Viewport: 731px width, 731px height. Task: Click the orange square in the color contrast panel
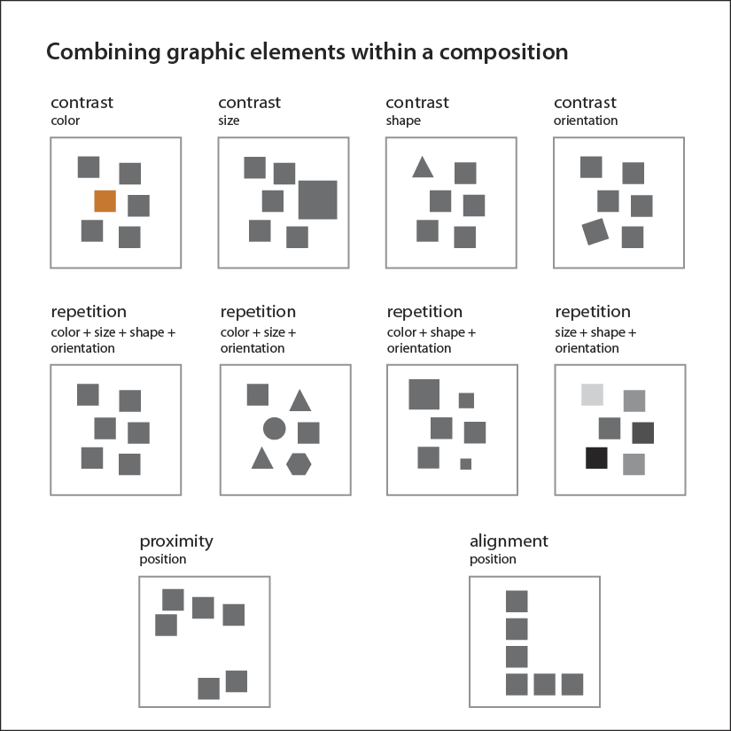pos(105,201)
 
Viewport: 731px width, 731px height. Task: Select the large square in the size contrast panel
pos(317,199)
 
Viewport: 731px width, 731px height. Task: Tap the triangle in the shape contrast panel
pos(423,167)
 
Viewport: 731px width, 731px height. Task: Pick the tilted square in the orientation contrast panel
pos(595,231)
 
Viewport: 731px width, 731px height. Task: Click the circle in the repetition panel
pos(274,429)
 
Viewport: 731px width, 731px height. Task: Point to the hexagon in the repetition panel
pos(299,464)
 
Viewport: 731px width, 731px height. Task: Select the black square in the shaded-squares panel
pos(596,458)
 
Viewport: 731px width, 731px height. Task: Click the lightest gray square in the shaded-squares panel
pos(592,395)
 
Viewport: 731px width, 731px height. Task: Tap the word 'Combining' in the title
pos(103,52)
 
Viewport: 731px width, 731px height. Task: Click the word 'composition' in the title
pos(503,52)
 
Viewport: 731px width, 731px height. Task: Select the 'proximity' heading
pos(176,541)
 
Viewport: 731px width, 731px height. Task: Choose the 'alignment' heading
pos(509,541)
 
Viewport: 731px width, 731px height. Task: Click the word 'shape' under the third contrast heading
pos(403,121)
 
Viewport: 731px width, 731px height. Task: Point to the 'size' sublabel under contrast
pos(229,121)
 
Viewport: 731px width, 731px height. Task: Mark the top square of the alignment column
pos(517,602)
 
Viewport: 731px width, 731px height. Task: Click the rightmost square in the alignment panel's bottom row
pos(572,684)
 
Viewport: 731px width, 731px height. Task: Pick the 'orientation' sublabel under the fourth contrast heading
pos(586,121)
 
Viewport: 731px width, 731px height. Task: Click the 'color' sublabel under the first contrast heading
pos(66,121)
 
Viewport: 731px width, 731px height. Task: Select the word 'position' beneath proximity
pos(163,559)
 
